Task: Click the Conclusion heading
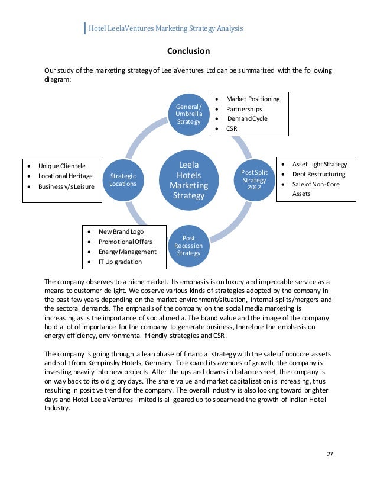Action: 188,51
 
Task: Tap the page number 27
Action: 330,454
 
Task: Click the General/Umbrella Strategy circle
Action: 188,112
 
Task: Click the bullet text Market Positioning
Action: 253,99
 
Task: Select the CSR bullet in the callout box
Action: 232,128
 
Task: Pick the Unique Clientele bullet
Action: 62,166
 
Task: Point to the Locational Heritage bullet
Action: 66,176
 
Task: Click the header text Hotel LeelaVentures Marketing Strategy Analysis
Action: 166,28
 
